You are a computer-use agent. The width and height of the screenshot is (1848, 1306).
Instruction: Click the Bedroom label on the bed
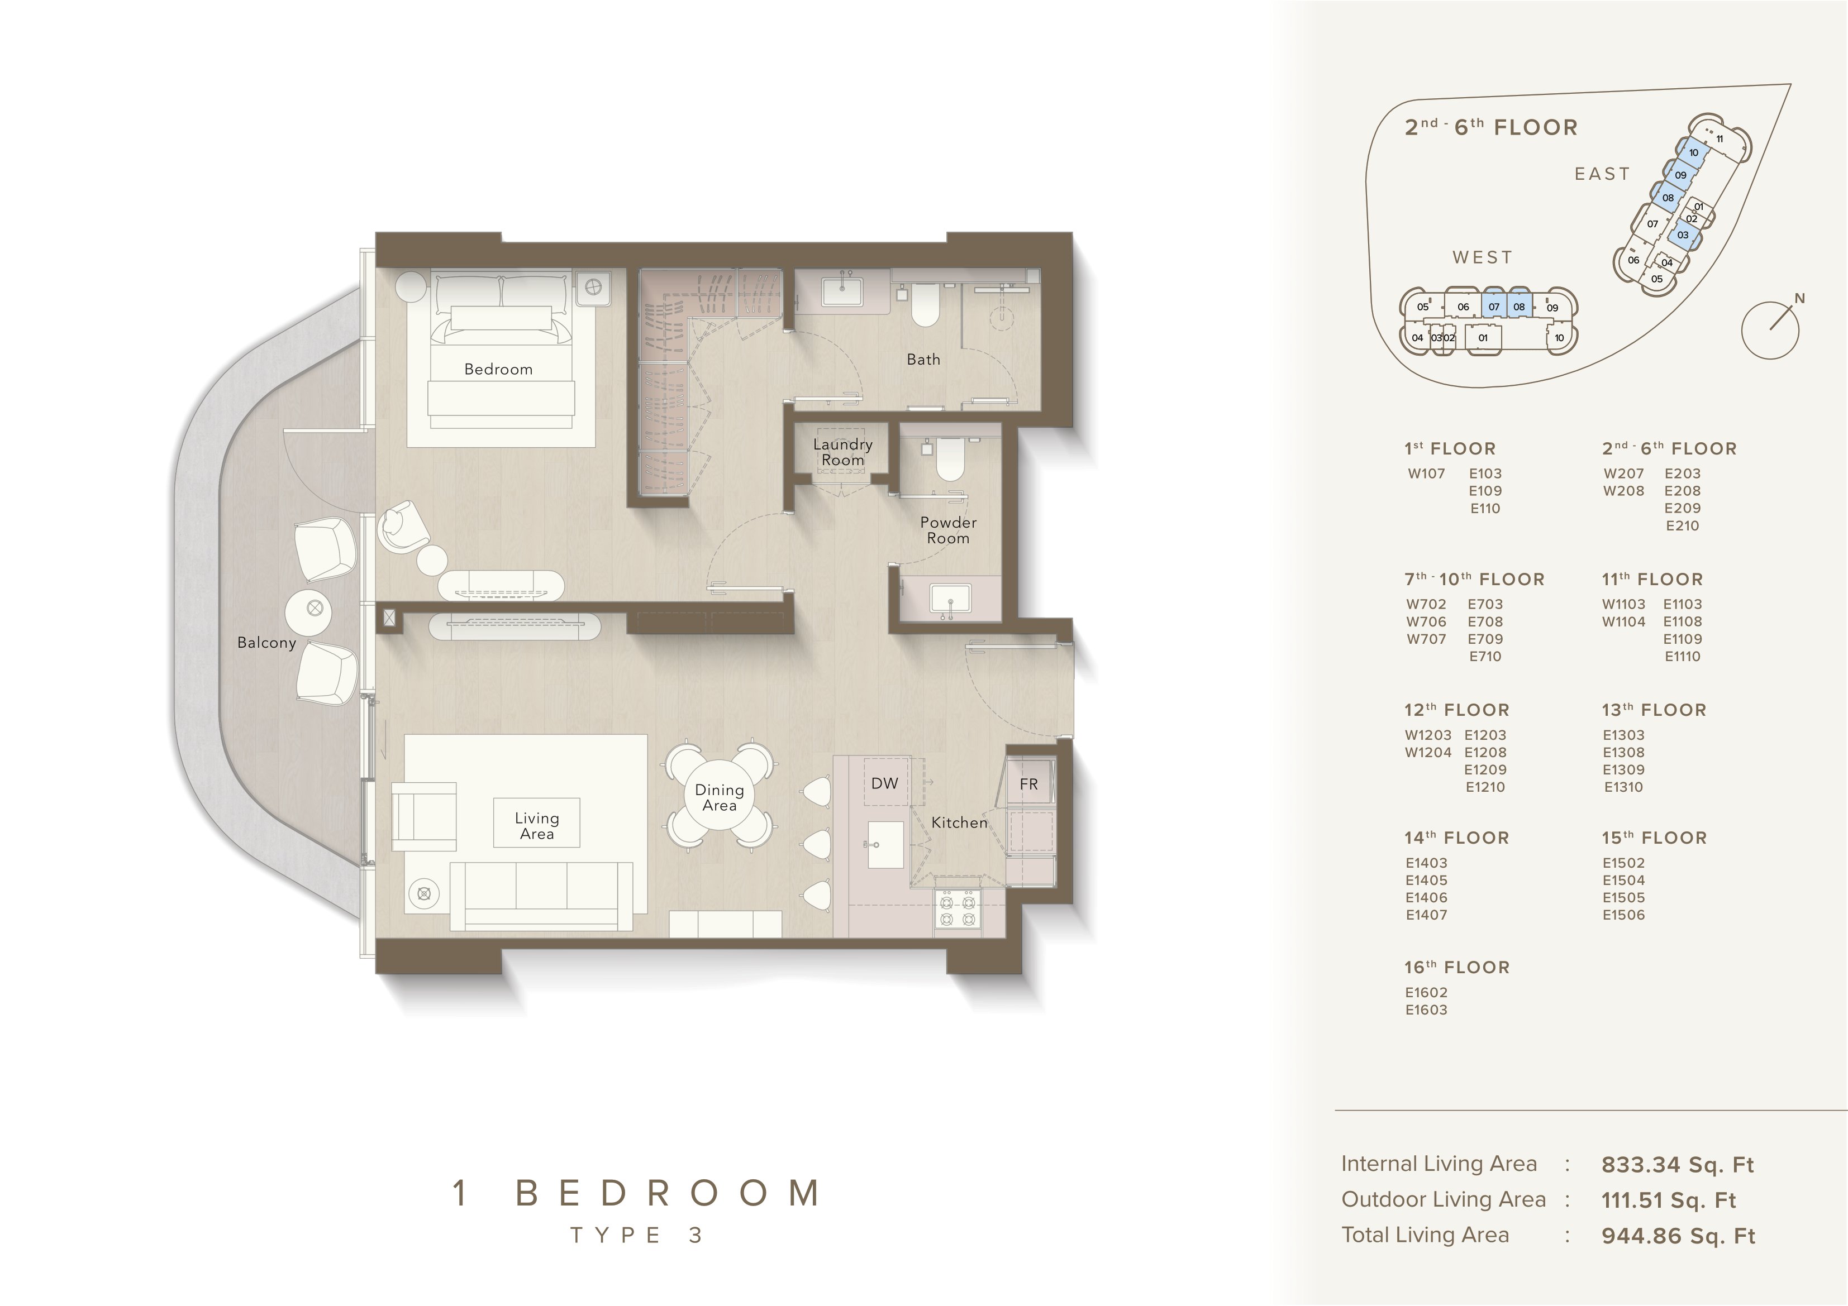click(x=498, y=369)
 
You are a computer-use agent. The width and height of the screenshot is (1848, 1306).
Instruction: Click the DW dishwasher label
click(x=884, y=783)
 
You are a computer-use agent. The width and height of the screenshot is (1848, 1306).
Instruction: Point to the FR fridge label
click(x=1028, y=784)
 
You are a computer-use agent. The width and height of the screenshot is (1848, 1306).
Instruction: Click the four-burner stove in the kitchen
click(x=958, y=912)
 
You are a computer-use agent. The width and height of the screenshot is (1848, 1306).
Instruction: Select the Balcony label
click(x=266, y=643)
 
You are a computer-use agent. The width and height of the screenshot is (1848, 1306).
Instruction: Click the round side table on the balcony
click(x=315, y=607)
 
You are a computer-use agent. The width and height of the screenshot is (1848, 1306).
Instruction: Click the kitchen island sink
click(x=884, y=845)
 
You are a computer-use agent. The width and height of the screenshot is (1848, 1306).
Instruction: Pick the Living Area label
click(x=537, y=826)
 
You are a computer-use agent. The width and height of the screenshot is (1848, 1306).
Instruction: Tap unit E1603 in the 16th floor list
click(x=1426, y=1010)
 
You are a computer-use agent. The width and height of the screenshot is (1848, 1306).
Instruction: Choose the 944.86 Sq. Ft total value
click(x=1678, y=1236)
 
